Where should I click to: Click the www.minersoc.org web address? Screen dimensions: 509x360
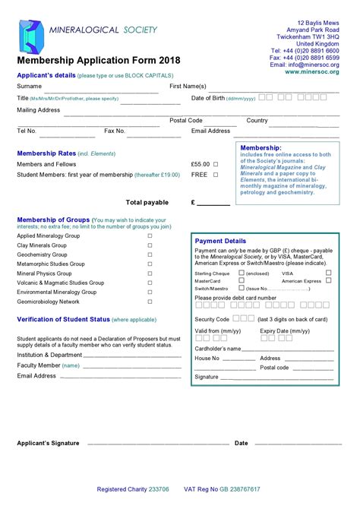[x=312, y=72]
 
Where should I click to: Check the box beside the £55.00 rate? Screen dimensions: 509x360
[x=215, y=164]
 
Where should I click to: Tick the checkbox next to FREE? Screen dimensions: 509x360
[x=215, y=175]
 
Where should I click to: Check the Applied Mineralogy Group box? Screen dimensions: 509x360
[x=150, y=236]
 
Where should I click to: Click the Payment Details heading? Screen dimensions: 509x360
[x=221, y=241]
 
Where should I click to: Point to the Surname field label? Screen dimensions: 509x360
[x=29, y=87]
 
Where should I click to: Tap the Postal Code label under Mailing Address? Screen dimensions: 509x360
[x=186, y=120]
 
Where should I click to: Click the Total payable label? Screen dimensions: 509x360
[x=147, y=203]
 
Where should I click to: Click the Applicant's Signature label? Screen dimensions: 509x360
[x=48, y=443]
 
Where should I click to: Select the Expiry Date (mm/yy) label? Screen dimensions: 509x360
[x=285, y=331]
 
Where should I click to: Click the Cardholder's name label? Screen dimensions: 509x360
[x=218, y=349]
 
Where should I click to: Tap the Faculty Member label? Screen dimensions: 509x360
[x=39, y=365]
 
